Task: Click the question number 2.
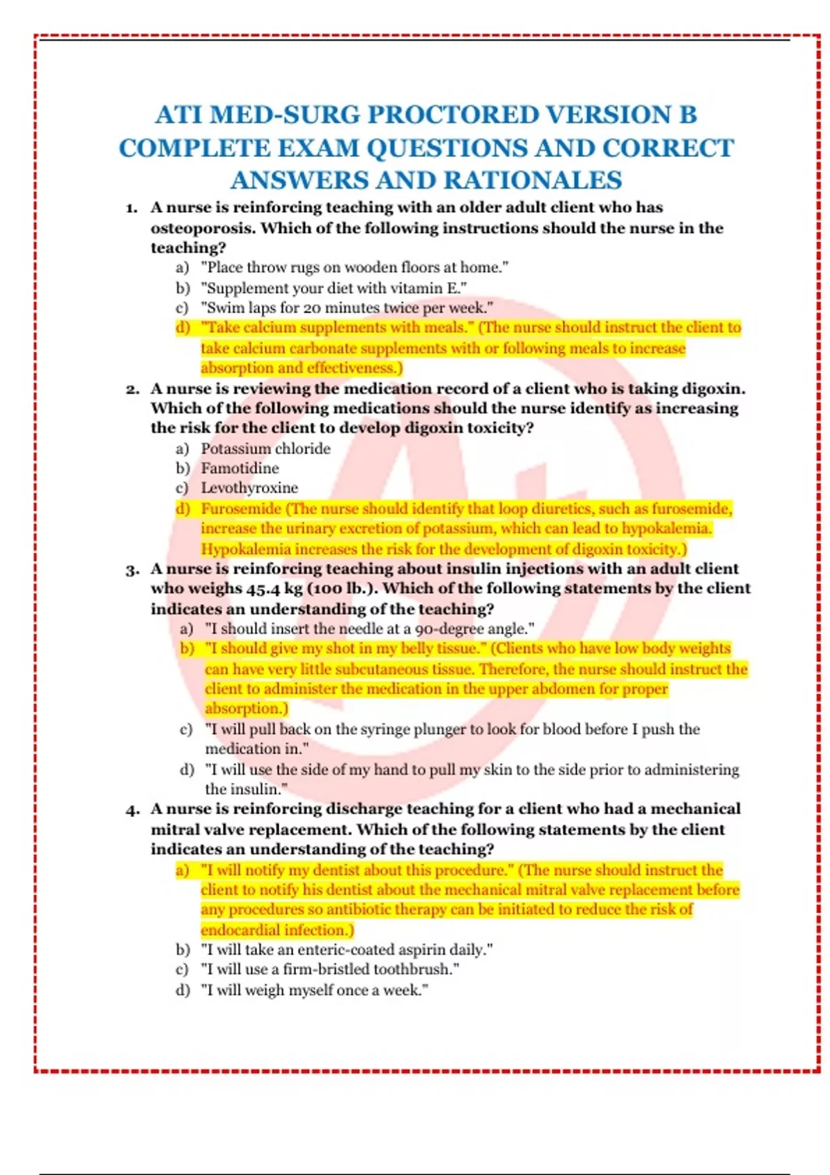click(132, 390)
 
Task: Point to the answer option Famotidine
click(239, 469)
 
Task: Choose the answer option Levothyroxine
click(249, 488)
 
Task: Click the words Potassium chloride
click(266, 449)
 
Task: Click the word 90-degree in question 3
click(451, 629)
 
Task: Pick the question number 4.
click(132, 810)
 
